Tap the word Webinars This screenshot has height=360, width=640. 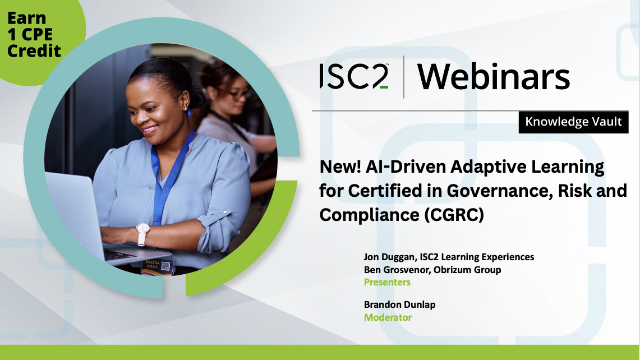pos(493,77)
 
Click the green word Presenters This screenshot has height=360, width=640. pos(387,282)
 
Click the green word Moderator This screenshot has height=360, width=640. pos(387,317)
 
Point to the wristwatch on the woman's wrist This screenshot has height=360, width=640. pos(143,231)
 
